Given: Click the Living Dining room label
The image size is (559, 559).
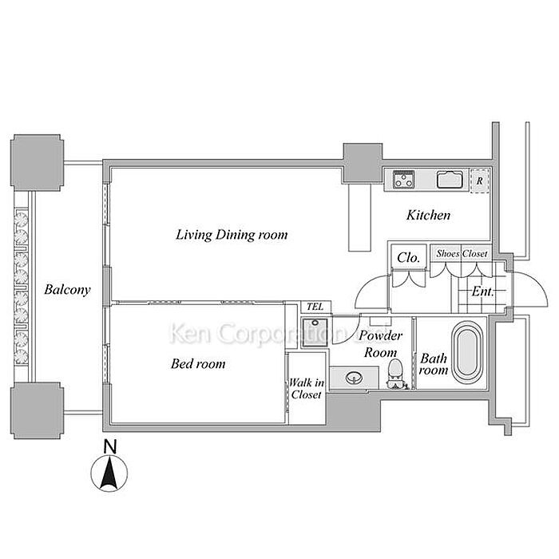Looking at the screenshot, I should point(232,236).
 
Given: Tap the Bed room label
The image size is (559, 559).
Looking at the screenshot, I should point(198,364).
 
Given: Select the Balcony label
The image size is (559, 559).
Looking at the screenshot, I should point(66,290).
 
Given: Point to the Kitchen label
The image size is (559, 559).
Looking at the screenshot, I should point(429,215).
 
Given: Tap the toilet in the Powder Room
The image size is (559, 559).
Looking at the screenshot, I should point(394,370).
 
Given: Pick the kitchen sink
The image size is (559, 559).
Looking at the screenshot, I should point(451,180).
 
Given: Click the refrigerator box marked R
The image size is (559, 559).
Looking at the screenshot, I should point(479,180).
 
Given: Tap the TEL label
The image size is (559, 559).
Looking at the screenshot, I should point(313,307).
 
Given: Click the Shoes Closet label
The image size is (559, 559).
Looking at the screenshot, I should point(462,253).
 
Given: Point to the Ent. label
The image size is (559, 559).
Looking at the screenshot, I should point(483,292).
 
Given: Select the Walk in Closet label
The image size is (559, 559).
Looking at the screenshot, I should point(306,389).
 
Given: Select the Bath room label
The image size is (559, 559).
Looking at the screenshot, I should point(434,364).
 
